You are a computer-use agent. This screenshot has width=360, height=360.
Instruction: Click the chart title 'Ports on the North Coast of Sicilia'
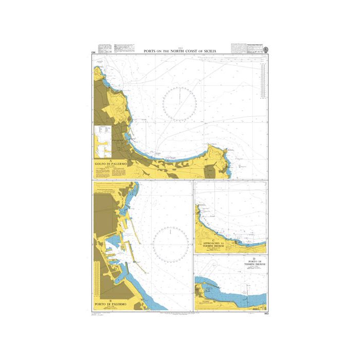(x=180, y=51)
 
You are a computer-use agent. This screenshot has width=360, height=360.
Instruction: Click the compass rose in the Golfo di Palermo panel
(x=180, y=104)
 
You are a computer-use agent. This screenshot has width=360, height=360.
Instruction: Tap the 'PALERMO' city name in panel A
(x=119, y=139)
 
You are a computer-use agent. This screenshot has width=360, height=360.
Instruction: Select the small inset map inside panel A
(x=104, y=141)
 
